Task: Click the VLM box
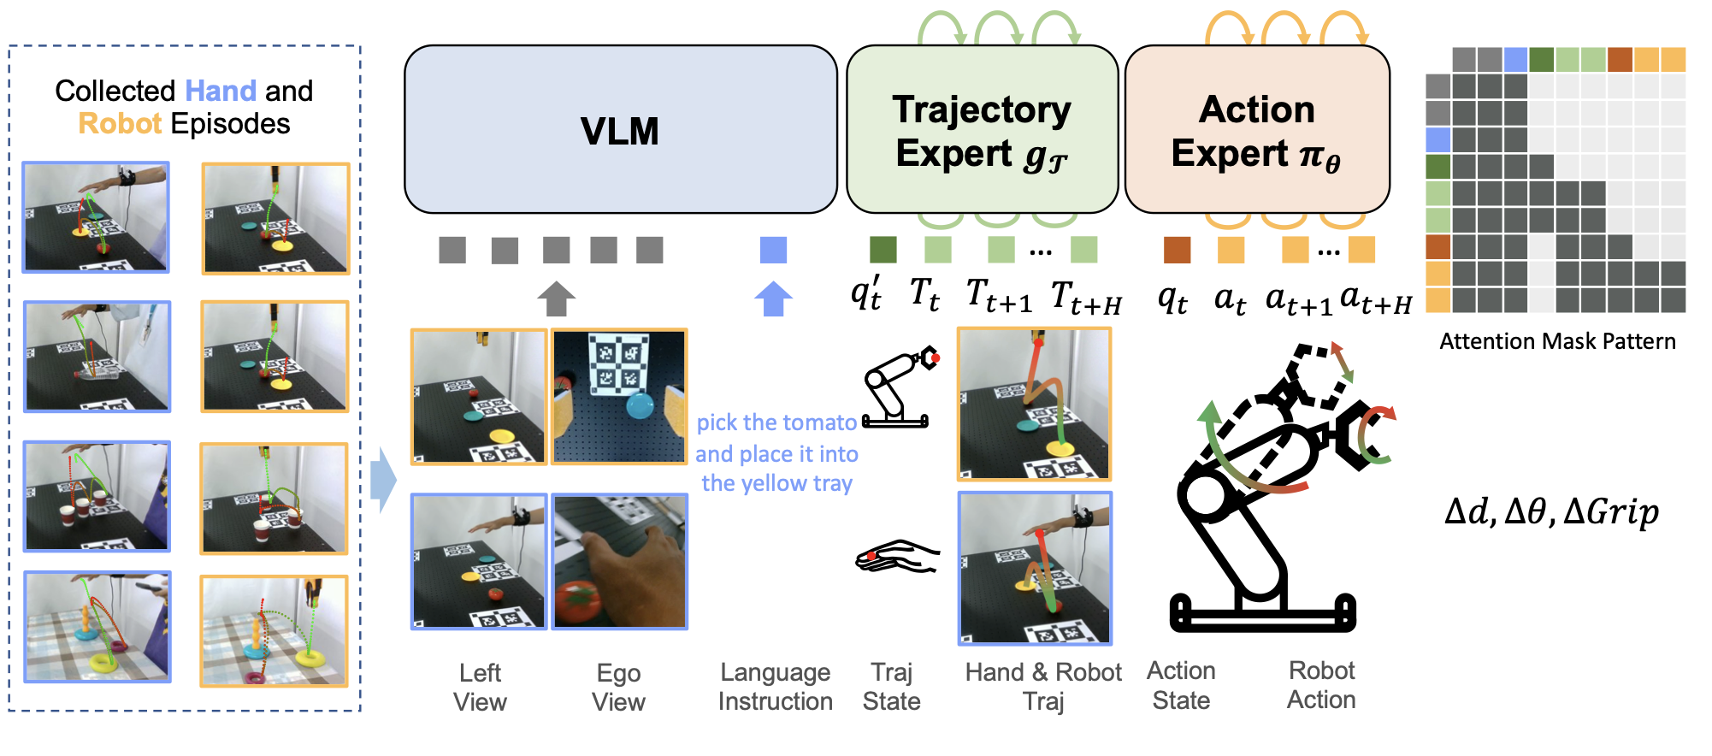(620, 130)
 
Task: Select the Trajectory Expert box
(982, 130)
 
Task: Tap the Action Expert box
(1256, 130)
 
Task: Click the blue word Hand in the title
(221, 91)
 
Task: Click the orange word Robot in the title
(120, 124)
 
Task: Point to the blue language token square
(773, 250)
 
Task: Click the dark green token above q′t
(883, 250)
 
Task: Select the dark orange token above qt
(1177, 250)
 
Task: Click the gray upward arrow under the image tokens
(556, 299)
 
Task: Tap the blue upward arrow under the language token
(773, 299)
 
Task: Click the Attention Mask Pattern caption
(1557, 341)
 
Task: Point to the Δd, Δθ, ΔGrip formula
(1551, 511)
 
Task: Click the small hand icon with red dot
(897, 557)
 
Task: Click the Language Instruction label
(775, 687)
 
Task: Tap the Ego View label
(618, 687)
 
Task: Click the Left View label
(480, 687)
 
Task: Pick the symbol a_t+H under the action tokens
(1376, 299)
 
